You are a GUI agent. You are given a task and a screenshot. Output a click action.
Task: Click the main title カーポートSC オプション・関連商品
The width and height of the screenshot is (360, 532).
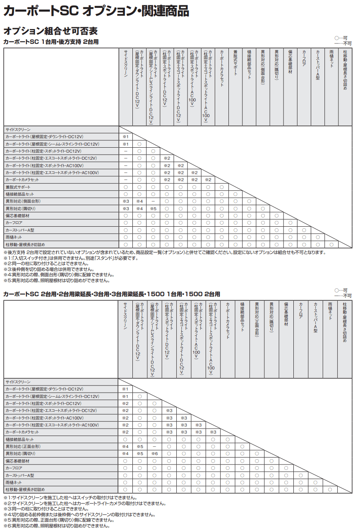tap(96, 11)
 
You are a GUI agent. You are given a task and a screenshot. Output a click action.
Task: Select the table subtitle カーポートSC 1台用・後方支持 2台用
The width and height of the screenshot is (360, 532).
tap(51, 42)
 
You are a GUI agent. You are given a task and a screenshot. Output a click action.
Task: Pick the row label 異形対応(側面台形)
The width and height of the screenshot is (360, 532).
tap(23, 201)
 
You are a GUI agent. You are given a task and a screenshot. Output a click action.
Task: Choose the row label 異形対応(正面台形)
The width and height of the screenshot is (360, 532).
tap(23, 447)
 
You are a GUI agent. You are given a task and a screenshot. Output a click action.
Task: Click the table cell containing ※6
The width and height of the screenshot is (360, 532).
tap(154, 454)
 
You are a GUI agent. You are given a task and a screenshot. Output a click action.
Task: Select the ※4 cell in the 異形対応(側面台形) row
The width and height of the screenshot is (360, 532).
tap(139, 201)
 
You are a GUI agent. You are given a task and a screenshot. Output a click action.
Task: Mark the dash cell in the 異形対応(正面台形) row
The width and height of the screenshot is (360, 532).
tap(154, 447)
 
